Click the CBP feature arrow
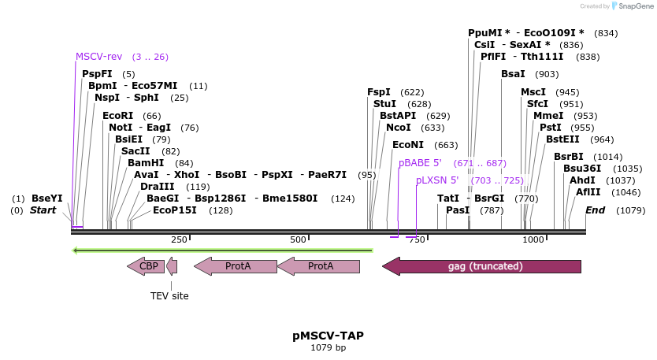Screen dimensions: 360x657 pos(147,266)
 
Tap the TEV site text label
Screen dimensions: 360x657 pos(169,296)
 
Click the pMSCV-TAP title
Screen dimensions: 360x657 pos(328,336)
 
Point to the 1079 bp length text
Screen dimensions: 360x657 pos(328,347)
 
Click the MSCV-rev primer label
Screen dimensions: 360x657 pos(98,57)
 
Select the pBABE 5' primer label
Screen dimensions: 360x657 pos(420,163)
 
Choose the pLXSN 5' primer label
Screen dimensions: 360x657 pos(437,180)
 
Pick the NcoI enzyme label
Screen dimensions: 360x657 pos(398,128)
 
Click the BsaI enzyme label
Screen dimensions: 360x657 pos(513,74)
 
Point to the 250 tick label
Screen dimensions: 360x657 pos(178,239)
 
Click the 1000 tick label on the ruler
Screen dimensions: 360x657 pos(533,239)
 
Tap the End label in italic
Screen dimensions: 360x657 pos(595,210)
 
